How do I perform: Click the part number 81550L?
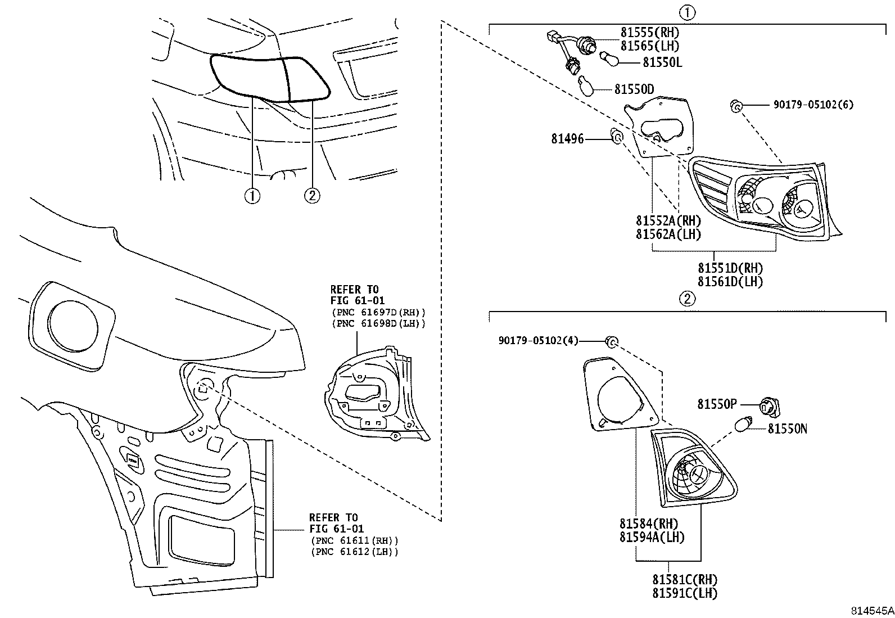[662, 62]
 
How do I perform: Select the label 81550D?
[634, 89]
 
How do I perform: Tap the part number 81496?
[567, 139]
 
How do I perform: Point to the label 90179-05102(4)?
[538, 341]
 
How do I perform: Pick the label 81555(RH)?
[649, 33]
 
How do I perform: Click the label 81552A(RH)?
[668, 221]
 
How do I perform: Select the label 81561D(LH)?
[730, 282]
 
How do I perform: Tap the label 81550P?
[717, 404]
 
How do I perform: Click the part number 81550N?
[787, 429]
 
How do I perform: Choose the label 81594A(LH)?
[652, 537]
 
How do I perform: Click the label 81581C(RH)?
[685, 579]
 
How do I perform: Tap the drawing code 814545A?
[871, 611]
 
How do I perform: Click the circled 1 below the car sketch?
[252, 196]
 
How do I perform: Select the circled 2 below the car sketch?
[313, 195]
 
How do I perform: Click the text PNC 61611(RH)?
[354, 540]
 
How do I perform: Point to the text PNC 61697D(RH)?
[378, 312]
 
